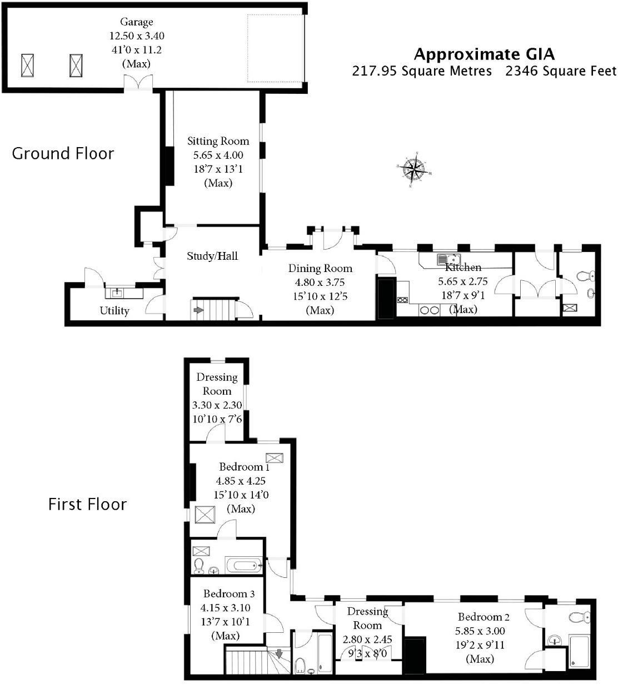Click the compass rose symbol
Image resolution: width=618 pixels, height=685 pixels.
click(414, 170)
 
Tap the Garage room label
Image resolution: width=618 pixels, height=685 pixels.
click(136, 22)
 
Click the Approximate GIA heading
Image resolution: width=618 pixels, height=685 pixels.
click(484, 54)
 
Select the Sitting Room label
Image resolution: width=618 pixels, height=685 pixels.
click(218, 141)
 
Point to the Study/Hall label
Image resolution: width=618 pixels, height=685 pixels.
click(212, 256)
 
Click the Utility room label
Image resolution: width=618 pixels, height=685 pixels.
click(114, 310)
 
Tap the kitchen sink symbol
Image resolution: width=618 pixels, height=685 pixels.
click(448, 259)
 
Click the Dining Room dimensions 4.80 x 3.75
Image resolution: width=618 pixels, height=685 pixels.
click(320, 283)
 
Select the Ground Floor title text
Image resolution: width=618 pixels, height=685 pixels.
click(63, 154)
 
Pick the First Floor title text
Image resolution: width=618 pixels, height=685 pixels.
click(88, 505)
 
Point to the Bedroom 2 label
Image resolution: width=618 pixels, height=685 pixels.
click(483, 617)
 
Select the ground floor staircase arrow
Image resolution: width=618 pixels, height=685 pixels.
click(198, 309)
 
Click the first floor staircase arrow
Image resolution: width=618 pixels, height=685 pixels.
click(279, 653)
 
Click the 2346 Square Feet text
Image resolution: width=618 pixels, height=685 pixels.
click(561, 71)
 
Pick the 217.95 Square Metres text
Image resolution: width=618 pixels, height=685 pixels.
click(422, 71)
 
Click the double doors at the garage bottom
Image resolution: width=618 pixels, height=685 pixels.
click(137, 82)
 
